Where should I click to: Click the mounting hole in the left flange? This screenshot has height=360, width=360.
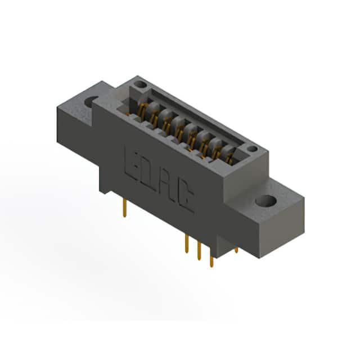91,102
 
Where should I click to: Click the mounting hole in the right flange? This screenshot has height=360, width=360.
266,201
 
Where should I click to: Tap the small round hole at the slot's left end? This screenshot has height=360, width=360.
140,84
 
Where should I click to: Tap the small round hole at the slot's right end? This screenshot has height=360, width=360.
252,149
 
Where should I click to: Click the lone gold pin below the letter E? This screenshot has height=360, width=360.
125,208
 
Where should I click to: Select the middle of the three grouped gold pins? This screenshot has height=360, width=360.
199,251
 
